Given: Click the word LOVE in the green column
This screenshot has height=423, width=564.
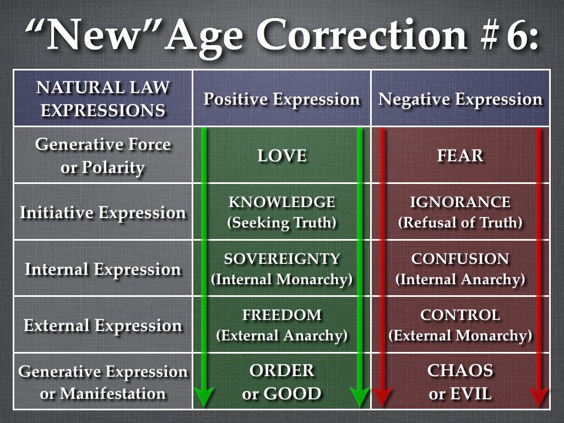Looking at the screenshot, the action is coord(282,156).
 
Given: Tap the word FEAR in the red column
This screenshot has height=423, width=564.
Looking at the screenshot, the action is coord(460,156).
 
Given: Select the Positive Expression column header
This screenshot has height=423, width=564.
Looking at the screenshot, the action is coord(281,99).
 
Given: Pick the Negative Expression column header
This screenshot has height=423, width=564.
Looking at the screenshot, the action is coord(460,99).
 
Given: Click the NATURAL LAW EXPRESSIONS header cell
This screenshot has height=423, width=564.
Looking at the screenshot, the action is coord(103,99).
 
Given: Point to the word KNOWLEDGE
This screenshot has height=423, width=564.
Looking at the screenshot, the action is coord(282,202).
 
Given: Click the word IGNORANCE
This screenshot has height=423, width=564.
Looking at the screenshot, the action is coord(460,202).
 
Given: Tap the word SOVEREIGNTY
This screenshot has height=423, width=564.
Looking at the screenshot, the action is coord(282,259).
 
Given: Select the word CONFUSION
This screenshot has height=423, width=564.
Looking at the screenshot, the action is coord(460,259).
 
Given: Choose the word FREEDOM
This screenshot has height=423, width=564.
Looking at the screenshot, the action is coord(282,315).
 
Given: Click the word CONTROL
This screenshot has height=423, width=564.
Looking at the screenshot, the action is coord(460,315).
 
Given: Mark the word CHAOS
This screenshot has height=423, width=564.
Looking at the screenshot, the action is coord(460,371).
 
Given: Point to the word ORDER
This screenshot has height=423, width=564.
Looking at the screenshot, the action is coord(282,371).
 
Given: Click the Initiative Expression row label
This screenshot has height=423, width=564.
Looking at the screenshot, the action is coord(103,213).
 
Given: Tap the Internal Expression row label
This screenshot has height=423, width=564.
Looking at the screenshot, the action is coord(103,269).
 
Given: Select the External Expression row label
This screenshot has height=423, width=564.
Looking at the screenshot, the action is coord(103,326).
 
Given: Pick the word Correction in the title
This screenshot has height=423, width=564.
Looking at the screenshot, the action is coord(362,35).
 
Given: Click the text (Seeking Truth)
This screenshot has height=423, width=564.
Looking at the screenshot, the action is coord(282,223).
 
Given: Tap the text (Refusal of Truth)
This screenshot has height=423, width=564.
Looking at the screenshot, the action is coord(460,223).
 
